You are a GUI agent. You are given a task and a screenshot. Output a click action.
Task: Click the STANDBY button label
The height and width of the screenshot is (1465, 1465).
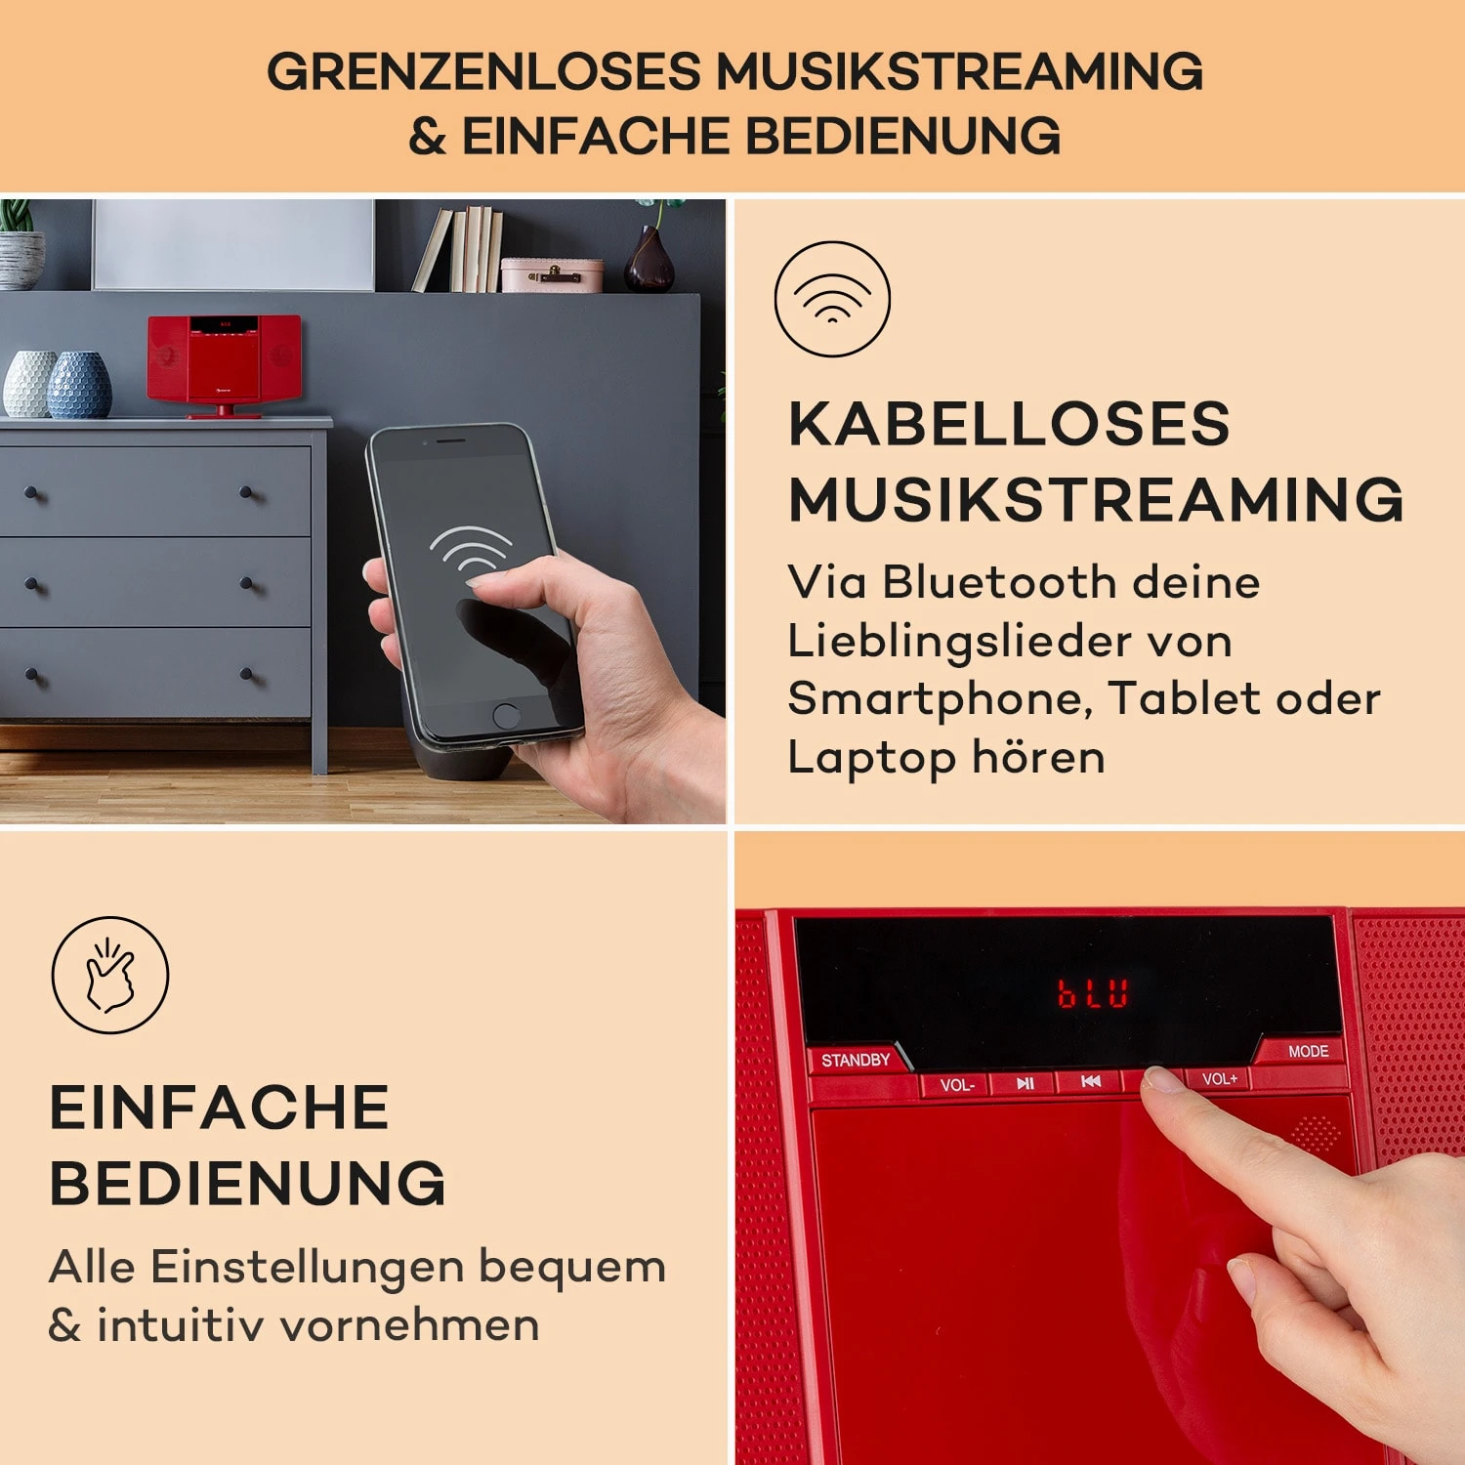coord(856,1061)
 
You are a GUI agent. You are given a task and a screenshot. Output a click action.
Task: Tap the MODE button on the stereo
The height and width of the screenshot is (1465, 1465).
coord(1308,1052)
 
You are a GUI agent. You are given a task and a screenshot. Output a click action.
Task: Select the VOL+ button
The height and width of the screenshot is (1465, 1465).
coord(1219,1079)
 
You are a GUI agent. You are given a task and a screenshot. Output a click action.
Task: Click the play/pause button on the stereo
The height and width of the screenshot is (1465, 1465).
coord(1025,1083)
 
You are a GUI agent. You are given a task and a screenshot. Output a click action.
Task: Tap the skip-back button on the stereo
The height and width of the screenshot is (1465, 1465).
coord(1091,1081)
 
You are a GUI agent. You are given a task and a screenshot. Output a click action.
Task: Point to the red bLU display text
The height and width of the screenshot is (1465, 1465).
coord(1093,993)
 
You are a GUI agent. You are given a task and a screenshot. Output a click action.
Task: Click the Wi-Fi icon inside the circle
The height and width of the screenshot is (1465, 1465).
coord(832,298)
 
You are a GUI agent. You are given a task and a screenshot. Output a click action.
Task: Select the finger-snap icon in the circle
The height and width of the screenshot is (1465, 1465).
coord(110,975)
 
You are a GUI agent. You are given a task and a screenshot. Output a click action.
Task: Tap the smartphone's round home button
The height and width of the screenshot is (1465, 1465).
coord(506,715)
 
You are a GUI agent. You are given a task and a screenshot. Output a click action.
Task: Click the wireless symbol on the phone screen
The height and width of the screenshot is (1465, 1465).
coord(470,549)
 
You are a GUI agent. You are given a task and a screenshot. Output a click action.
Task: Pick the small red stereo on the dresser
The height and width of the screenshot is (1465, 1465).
coord(225,362)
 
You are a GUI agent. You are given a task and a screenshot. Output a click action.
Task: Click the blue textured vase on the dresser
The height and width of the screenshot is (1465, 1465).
coord(80,385)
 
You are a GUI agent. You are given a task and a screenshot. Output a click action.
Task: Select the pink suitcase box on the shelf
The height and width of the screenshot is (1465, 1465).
coord(551,275)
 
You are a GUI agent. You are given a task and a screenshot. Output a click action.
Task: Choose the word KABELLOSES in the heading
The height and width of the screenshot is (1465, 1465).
coord(1009,424)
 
